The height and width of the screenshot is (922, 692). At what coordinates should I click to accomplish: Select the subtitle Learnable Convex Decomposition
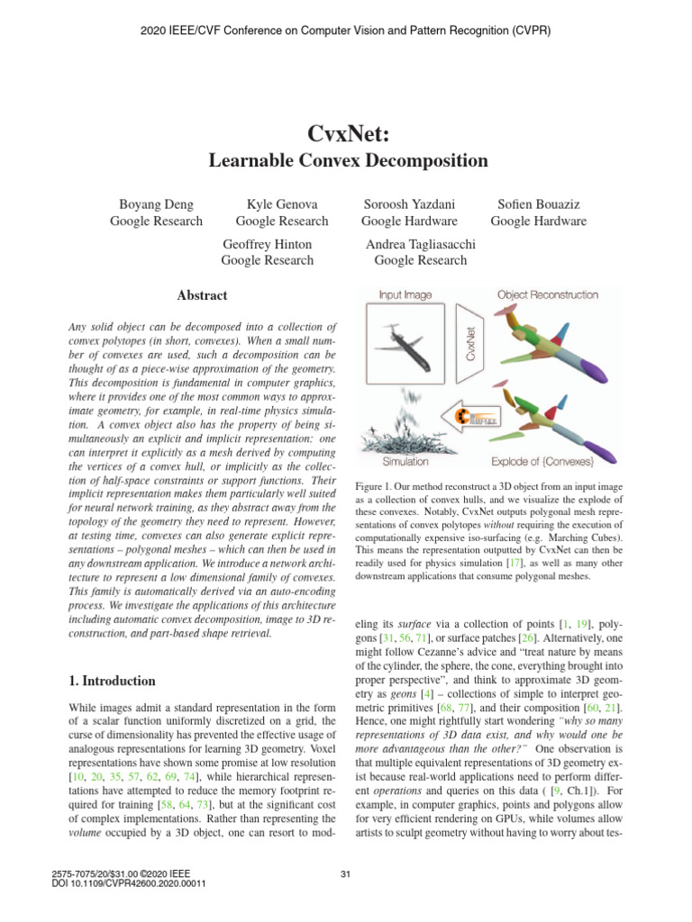coord(348,162)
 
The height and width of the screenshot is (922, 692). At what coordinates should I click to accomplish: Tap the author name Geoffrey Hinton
coord(267,245)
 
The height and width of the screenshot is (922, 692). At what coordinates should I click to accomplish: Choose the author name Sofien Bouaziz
coord(538,205)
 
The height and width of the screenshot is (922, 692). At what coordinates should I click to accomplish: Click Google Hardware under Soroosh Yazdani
coord(408,221)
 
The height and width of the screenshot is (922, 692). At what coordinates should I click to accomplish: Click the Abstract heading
coord(202,295)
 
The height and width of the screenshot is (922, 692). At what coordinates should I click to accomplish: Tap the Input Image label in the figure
coord(405,294)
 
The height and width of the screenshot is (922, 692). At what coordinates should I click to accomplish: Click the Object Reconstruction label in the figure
coord(547,294)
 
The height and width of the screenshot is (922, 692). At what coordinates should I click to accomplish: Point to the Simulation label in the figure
coord(405,461)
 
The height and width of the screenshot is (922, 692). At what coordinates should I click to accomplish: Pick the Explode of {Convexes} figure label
coord(542,461)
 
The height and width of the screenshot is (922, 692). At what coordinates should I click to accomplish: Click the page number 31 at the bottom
coord(346,873)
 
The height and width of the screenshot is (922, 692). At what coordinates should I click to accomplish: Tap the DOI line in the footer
coord(130,883)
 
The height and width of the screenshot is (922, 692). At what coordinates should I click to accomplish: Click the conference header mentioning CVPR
coord(346,31)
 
